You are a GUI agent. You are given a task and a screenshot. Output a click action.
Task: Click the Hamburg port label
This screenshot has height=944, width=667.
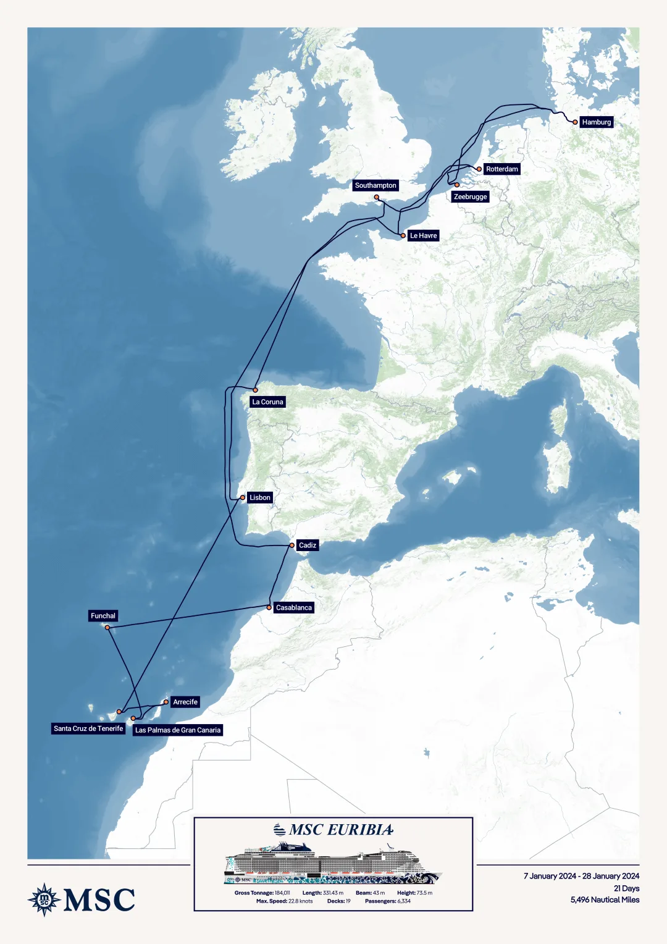tap(596, 122)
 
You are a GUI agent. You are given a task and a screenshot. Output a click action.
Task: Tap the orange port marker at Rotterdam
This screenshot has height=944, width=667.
tap(479, 169)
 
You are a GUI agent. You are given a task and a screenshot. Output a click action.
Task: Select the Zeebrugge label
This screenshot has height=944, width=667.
tap(470, 196)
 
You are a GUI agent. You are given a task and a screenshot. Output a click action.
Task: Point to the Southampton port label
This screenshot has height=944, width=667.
tap(375, 185)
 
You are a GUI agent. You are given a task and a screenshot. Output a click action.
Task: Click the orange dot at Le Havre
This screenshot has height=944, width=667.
tap(403, 235)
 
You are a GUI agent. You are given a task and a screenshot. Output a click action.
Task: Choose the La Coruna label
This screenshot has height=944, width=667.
tap(267, 402)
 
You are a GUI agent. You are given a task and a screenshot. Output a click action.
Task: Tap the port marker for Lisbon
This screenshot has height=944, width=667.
tap(243, 497)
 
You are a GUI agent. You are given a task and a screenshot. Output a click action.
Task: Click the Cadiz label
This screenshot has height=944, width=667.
tap(307, 545)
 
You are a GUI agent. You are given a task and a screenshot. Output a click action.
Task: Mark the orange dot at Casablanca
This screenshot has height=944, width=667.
tap(269, 607)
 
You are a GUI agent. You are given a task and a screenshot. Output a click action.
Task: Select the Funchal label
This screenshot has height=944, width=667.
tap(103, 616)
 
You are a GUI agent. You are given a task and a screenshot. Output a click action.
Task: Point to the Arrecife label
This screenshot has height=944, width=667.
tap(185, 702)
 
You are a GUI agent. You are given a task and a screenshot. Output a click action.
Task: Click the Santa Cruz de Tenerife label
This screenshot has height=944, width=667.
tap(88, 728)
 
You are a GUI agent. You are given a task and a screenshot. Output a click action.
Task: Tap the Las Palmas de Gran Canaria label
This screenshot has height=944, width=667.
tap(178, 730)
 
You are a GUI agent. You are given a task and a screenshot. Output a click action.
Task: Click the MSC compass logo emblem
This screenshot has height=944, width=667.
tap(44, 900)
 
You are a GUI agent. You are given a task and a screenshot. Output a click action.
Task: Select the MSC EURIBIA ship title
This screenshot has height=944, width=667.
tap(340, 830)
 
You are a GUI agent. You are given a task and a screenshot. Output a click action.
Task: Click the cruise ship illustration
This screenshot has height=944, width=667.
tap(333, 863)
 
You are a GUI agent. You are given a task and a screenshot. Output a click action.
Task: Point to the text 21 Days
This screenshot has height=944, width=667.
tap(626, 888)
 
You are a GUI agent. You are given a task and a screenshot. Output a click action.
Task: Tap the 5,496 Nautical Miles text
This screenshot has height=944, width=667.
tap(605, 900)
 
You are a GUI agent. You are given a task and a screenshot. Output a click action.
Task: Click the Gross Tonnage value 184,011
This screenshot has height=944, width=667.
tap(282, 893)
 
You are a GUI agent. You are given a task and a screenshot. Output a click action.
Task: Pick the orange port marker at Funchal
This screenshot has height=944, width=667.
tap(107, 628)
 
